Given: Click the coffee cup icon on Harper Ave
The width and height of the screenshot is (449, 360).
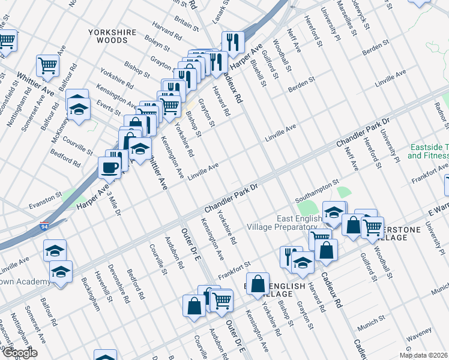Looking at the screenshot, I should [x=109, y=167].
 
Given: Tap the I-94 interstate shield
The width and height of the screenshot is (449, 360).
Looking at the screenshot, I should [x=45, y=227].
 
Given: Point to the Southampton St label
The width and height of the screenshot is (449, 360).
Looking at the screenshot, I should [x=317, y=191].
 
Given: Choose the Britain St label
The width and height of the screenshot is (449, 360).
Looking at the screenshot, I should [x=187, y=22].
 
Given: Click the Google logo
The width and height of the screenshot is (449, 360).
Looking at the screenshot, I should [x=19, y=353].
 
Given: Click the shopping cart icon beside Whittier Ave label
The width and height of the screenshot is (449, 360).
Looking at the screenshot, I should [x=47, y=65].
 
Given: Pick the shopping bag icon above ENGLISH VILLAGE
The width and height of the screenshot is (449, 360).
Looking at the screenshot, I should [x=258, y=284].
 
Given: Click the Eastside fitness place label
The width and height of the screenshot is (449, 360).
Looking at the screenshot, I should [x=428, y=151].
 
